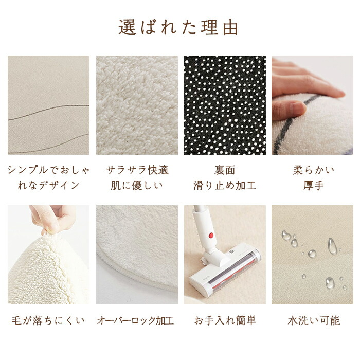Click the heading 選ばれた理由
178,28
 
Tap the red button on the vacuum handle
211,235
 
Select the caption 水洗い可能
314,321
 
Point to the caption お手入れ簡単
225,321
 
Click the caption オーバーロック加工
135,321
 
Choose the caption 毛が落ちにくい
48,321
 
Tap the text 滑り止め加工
225,186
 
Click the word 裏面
225,170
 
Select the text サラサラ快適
137,170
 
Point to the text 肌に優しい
137,186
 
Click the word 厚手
314,186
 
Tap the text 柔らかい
314,170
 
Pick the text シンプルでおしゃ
48,170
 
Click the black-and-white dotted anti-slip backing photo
225,105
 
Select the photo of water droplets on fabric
313,255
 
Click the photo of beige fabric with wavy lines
48,105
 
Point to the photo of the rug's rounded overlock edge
137,255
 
